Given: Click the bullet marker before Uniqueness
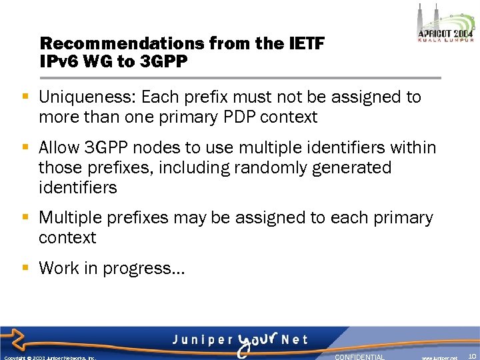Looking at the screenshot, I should [x=25, y=97].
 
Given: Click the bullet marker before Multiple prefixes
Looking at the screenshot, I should [x=25, y=217].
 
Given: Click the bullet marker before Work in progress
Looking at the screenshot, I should [x=25, y=268].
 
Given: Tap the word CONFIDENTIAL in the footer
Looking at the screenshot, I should [x=359, y=357].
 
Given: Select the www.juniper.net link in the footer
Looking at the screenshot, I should [x=439, y=357].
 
